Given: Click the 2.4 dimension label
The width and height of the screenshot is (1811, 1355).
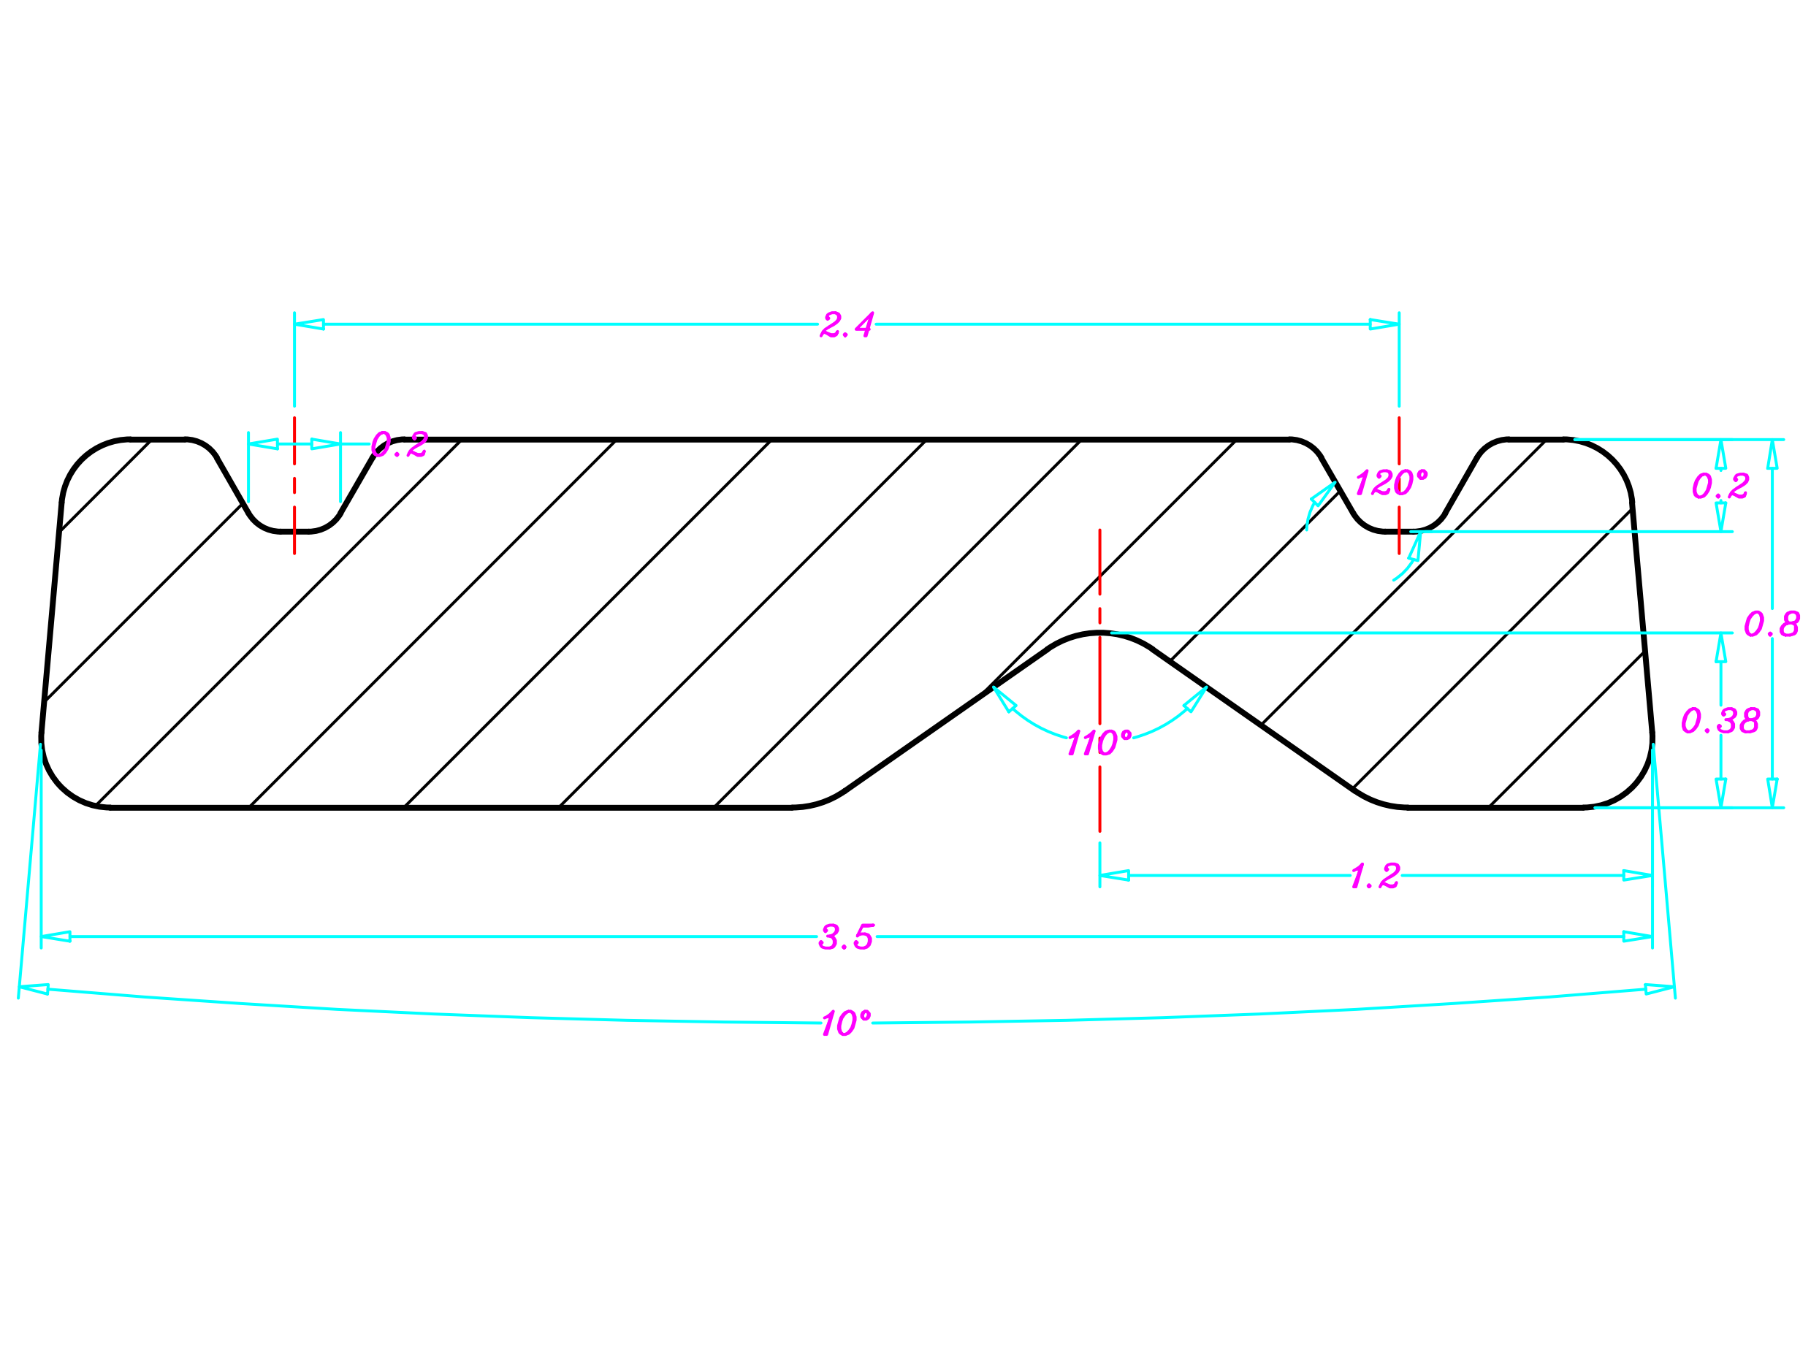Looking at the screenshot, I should tap(847, 325).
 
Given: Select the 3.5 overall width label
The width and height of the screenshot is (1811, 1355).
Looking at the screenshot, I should tap(846, 936).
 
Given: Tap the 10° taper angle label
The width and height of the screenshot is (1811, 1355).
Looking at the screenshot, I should tap(846, 1023).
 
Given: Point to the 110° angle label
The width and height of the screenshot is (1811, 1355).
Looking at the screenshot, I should tap(1099, 744).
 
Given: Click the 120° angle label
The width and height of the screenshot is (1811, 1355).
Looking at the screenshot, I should tap(1390, 483).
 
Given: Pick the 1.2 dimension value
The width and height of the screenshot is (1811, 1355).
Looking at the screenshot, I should tap(1376, 876).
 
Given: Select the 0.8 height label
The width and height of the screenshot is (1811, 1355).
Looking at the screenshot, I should tap(1771, 624).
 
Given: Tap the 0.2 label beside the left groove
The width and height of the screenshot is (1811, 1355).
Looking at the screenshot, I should tap(399, 445).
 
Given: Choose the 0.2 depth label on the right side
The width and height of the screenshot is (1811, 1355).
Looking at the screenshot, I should tap(1720, 486).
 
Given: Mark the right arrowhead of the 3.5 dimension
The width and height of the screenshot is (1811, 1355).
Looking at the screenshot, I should tap(1637, 936).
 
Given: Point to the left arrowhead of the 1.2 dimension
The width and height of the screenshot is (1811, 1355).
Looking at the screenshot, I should tap(1114, 876).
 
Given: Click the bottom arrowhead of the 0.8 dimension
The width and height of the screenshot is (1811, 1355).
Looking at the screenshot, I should tap(1772, 792).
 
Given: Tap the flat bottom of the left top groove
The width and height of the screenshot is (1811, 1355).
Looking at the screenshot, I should tap(294, 531).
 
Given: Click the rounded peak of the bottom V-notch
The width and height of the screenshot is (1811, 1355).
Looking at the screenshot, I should tap(1099, 633).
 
